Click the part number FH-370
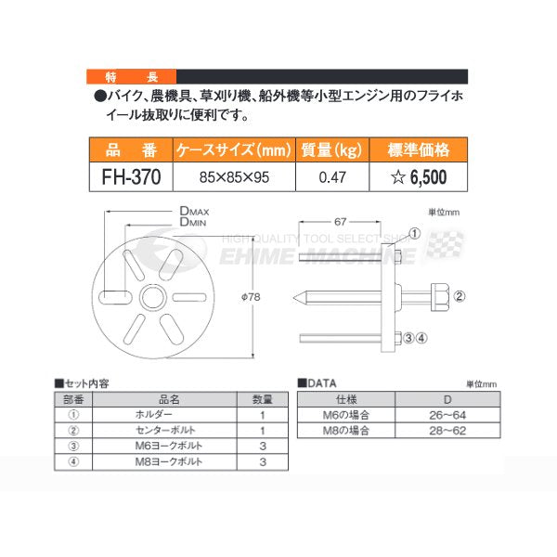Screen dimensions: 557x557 131,177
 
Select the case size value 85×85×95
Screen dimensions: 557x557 234,177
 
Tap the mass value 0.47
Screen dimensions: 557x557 332,177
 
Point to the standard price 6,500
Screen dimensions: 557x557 428,177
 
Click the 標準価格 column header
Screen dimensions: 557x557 419,149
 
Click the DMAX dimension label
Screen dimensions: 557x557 194,211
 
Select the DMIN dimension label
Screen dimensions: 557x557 193,222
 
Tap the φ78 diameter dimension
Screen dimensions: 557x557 251,297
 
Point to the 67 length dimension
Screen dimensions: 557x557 340,222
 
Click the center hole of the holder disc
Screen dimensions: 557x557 153,297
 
